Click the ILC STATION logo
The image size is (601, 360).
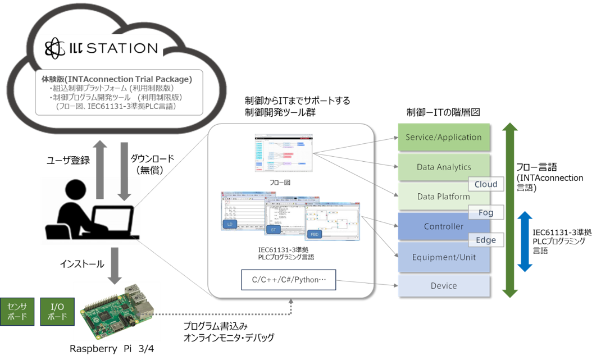click(101, 48)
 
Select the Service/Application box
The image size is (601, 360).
click(443, 137)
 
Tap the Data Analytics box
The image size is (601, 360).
click(443, 167)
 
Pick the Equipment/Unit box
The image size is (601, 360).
click(443, 257)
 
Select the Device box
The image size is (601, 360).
click(443, 286)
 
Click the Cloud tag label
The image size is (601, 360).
click(485, 184)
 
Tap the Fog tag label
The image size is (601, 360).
click(485, 213)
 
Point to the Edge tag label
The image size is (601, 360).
click(485, 240)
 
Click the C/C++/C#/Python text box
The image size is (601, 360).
click(288, 280)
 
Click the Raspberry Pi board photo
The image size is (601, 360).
click(116, 312)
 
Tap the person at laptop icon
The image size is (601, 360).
click(90, 211)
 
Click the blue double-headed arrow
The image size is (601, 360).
click(525, 241)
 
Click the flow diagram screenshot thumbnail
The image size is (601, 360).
click(284, 154)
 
